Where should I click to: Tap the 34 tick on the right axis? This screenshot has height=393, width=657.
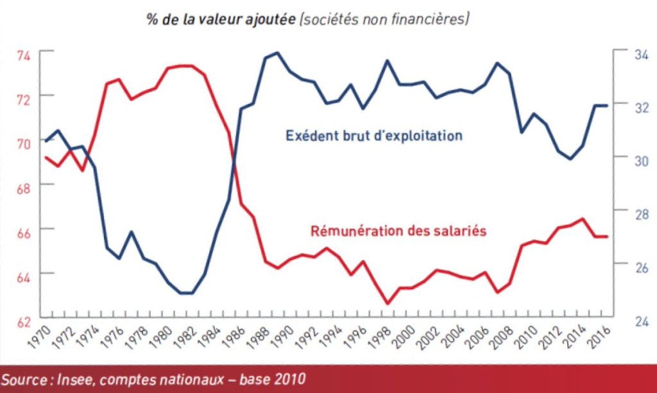pyautogui.click(x=625, y=55)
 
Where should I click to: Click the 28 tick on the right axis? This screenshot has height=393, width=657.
pyautogui.click(x=625, y=213)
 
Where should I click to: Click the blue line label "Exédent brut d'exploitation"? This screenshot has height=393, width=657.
pyautogui.click(x=374, y=136)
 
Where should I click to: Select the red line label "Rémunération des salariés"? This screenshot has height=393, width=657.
pyautogui.click(x=398, y=231)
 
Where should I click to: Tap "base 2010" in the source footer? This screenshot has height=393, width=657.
pyautogui.click(x=266, y=375)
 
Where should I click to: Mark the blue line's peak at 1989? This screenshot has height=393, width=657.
pyautogui.click(x=277, y=53)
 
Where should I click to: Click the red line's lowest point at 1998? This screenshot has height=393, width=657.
pyautogui.click(x=387, y=304)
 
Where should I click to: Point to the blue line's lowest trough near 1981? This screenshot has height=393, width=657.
pyautogui.click(x=186, y=293)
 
